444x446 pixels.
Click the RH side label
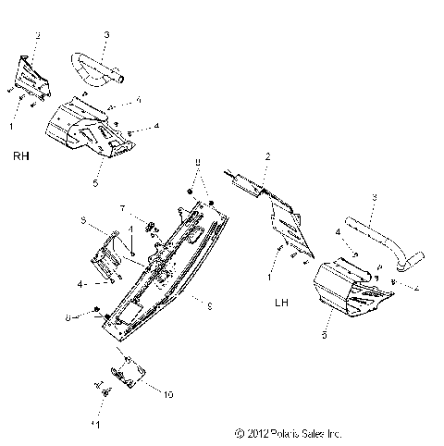tap(19, 156)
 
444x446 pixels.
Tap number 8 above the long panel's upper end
tap(196, 162)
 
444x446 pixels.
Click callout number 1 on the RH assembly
tap(11, 123)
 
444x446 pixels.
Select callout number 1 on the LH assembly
tap(268, 277)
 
